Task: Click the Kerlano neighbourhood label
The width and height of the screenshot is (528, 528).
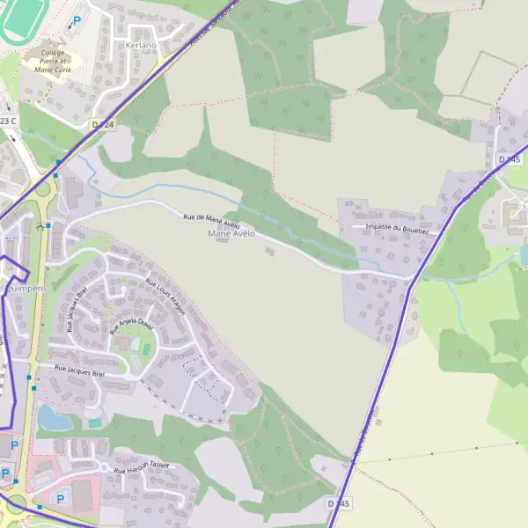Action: (142, 45)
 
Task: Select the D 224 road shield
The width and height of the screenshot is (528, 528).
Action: (103, 125)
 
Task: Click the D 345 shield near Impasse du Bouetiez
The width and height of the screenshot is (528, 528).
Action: (510, 159)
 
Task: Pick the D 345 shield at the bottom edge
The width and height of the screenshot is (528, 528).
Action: (338, 503)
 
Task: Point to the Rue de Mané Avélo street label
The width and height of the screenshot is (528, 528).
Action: (210, 220)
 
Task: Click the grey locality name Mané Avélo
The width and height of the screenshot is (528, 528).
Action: (231, 234)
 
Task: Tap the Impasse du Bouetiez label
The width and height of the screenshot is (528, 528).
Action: (396, 228)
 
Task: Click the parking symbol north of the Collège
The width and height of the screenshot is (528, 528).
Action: (77, 20)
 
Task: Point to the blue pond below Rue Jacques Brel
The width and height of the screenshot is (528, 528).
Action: (55, 419)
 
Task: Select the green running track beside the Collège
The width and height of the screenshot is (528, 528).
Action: (18, 22)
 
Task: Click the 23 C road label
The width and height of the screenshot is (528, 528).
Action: (8, 121)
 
